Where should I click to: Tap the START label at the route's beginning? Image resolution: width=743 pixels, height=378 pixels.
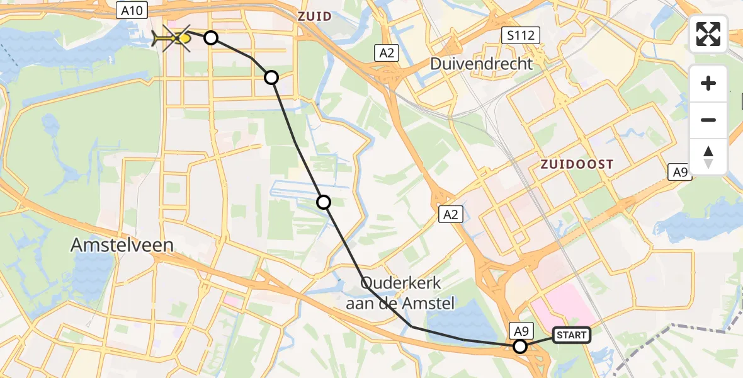571,335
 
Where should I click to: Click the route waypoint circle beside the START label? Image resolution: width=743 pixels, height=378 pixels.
520,346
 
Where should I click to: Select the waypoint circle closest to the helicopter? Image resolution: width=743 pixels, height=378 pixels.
211,38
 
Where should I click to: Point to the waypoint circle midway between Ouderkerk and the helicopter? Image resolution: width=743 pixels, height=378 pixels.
323,202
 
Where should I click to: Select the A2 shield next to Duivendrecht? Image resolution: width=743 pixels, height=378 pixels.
387,53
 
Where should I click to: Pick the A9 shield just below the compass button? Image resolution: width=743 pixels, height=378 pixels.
679,172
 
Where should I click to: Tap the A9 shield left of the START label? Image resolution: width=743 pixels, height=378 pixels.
520,329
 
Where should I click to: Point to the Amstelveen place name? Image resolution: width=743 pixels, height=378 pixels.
122,245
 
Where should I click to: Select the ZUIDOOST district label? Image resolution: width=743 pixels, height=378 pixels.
577,164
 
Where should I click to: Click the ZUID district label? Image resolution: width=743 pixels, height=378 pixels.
315,16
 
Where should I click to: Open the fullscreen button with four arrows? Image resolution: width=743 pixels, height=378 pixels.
708,33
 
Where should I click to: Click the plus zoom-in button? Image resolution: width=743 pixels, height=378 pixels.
708,83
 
